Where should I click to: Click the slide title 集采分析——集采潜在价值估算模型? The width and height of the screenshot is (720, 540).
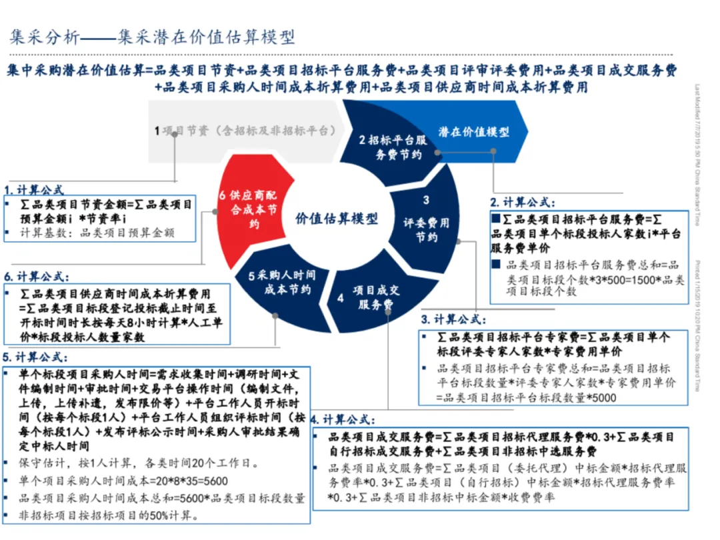click(x=152, y=37)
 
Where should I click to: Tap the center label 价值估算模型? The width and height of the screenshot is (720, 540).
click(x=336, y=219)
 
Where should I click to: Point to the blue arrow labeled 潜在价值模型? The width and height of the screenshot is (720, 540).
click(x=474, y=132)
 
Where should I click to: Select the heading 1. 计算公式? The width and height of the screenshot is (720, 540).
click(x=34, y=189)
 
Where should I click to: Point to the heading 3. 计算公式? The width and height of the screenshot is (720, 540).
click(x=453, y=320)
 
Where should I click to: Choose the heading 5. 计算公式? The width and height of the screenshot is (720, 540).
click(x=34, y=356)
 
